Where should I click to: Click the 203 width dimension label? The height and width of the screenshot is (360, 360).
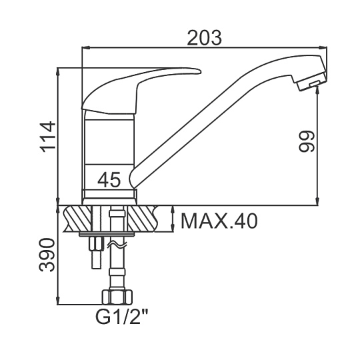point(205,38)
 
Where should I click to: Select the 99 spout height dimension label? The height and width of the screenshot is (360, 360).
point(307,141)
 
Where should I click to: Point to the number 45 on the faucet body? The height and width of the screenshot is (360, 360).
point(109,180)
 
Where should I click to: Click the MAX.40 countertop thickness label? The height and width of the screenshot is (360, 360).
point(219,221)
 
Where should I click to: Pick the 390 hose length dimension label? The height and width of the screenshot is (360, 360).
point(47,255)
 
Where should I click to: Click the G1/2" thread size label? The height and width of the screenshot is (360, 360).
point(122,317)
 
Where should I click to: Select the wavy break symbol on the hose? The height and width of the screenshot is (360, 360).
point(117,245)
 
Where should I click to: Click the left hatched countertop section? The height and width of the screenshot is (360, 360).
point(77,219)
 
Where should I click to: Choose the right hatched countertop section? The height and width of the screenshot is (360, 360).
point(143,219)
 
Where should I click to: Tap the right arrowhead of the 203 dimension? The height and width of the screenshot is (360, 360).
point(323,47)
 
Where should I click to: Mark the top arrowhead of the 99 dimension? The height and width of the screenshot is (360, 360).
point(318,89)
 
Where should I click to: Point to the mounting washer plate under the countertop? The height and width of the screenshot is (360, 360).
point(107,234)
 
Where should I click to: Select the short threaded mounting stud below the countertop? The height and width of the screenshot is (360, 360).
point(96,253)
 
